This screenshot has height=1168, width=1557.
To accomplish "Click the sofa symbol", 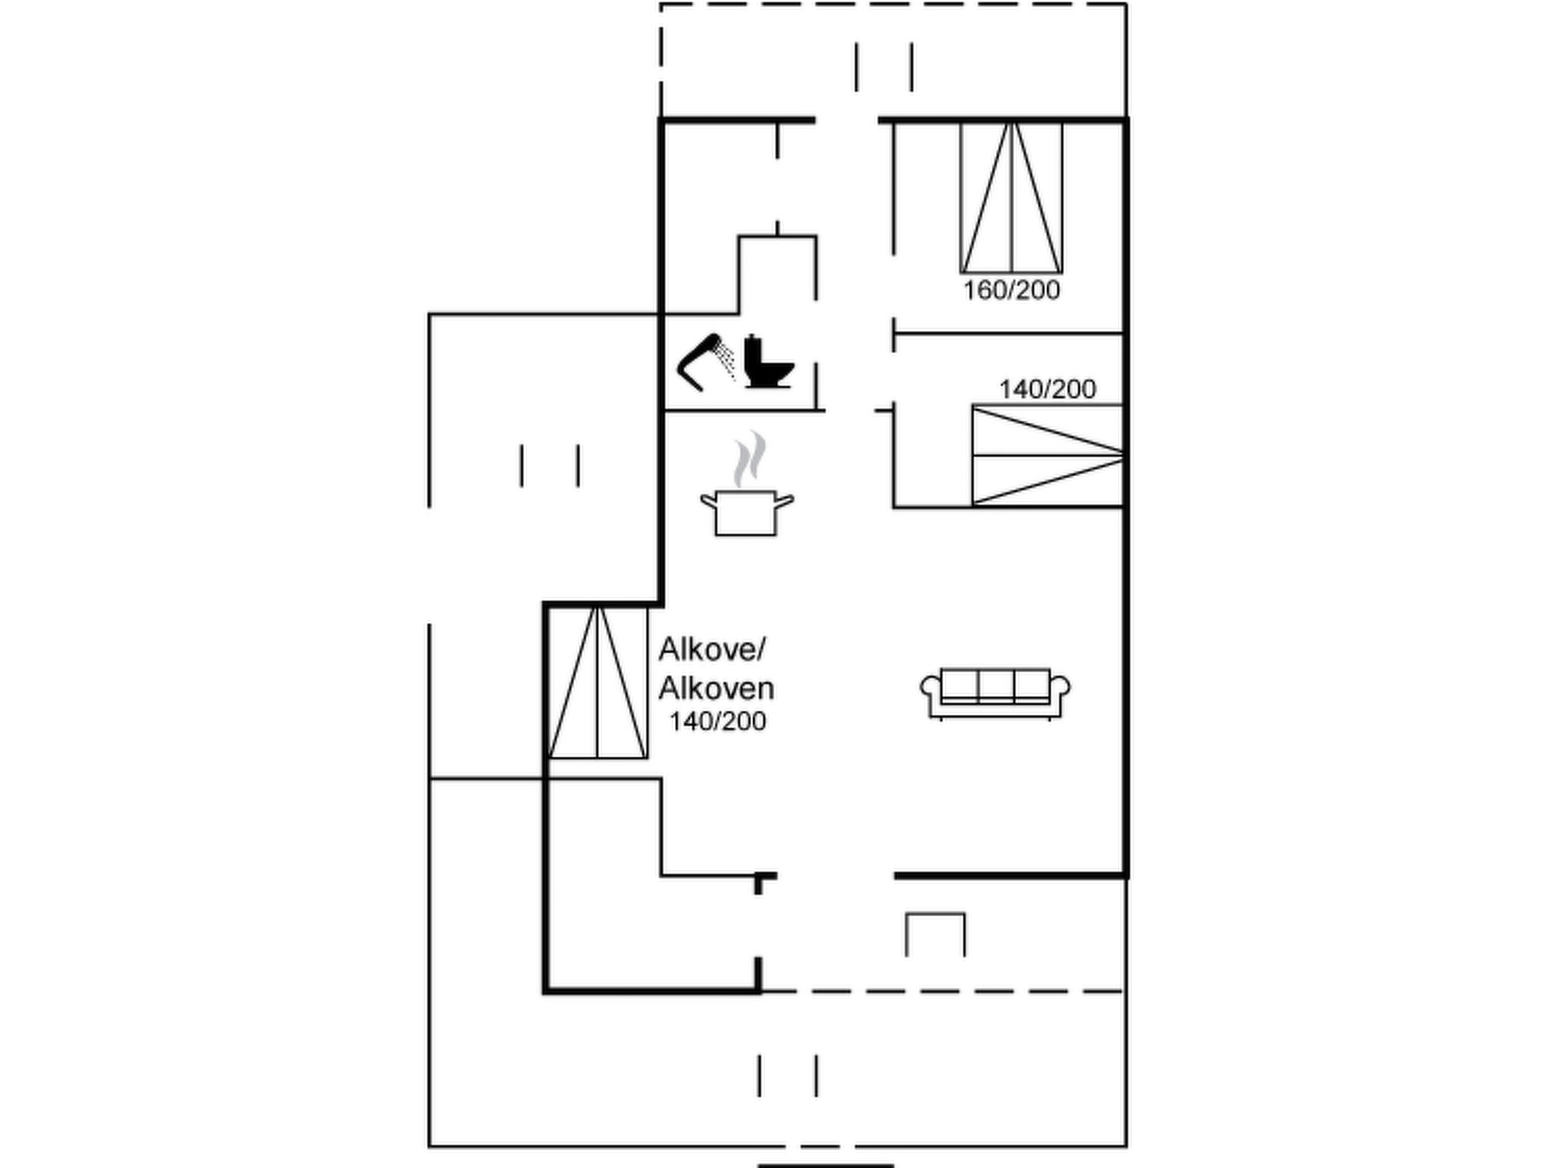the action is [995, 693].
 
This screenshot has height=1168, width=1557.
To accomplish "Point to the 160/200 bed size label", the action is [1011, 290].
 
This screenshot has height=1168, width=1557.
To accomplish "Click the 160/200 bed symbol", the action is [1011, 198].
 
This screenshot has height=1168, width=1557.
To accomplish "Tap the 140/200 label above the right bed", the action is [1047, 389].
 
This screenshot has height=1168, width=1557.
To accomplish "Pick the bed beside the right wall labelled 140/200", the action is [1048, 455].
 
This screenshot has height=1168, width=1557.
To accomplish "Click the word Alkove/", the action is [712, 649].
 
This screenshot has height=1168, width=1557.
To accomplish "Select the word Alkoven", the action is [716, 688].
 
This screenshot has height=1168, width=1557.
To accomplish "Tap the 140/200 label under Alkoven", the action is [717, 721].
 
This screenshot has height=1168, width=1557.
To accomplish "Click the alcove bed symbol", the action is [598, 682].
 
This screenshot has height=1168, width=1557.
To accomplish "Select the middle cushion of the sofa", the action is [995, 684].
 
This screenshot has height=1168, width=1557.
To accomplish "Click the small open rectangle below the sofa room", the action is [935, 935].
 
